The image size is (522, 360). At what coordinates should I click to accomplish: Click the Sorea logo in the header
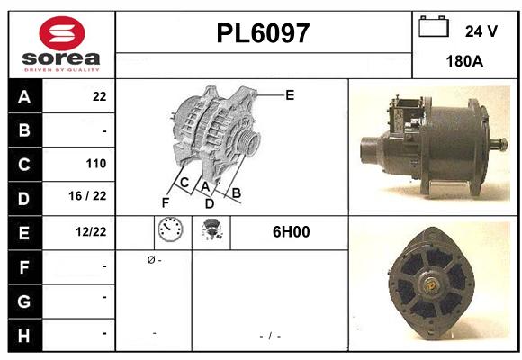pos(60,44)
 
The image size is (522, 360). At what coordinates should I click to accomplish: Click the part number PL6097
pos(263,34)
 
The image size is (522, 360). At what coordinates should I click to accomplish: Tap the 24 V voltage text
pos(481,31)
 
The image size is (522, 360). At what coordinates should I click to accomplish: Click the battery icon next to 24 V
pos(434,28)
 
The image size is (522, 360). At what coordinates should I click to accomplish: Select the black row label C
pos(24,164)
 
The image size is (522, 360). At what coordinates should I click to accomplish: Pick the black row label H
pos(24,334)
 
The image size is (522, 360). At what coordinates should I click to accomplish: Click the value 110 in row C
pos(96,164)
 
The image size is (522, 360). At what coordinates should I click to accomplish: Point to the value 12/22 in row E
pos(92,232)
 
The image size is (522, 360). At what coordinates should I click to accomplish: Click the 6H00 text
pos(291,232)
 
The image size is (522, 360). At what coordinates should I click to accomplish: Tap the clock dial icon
pos(169,231)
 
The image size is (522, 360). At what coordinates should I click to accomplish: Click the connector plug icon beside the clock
pos(216,231)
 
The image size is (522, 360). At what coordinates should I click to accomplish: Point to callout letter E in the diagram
pos(289,94)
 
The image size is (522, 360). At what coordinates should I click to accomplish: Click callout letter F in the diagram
pos(166,202)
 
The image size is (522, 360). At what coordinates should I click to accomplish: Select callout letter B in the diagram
pos(237,193)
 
